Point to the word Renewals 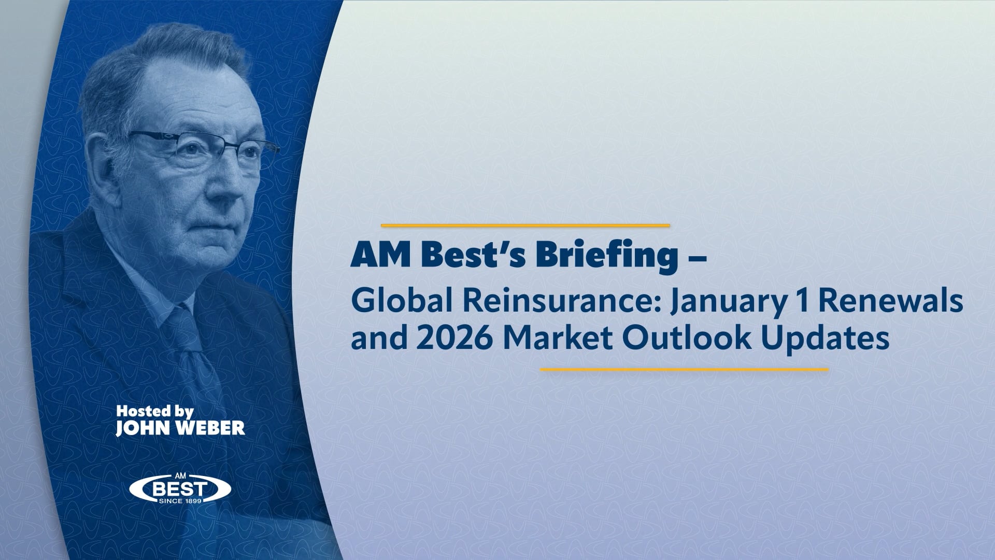[891, 302]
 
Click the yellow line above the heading [525, 226]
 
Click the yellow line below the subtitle [684, 370]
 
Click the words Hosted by [154, 412]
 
